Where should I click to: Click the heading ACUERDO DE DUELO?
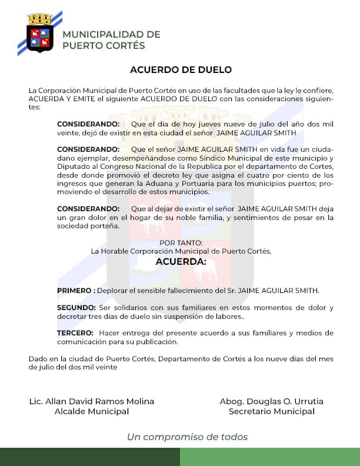(x=181, y=69)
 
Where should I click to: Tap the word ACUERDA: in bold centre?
(x=181, y=261)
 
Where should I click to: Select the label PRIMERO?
(x=76, y=291)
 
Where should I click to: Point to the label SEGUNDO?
(x=76, y=308)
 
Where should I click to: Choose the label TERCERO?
(x=75, y=333)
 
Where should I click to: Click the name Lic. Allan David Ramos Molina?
(x=91, y=401)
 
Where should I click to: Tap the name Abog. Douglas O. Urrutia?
(x=271, y=401)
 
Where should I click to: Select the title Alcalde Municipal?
(x=91, y=412)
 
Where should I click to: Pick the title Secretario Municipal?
(x=271, y=412)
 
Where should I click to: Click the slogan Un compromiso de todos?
(x=187, y=437)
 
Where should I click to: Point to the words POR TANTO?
(x=181, y=243)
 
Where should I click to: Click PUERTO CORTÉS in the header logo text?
(x=104, y=45)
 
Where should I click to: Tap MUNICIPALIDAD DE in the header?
(x=111, y=34)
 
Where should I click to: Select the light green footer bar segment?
(x=270, y=457)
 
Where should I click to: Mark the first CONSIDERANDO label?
(x=88, y=124)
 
